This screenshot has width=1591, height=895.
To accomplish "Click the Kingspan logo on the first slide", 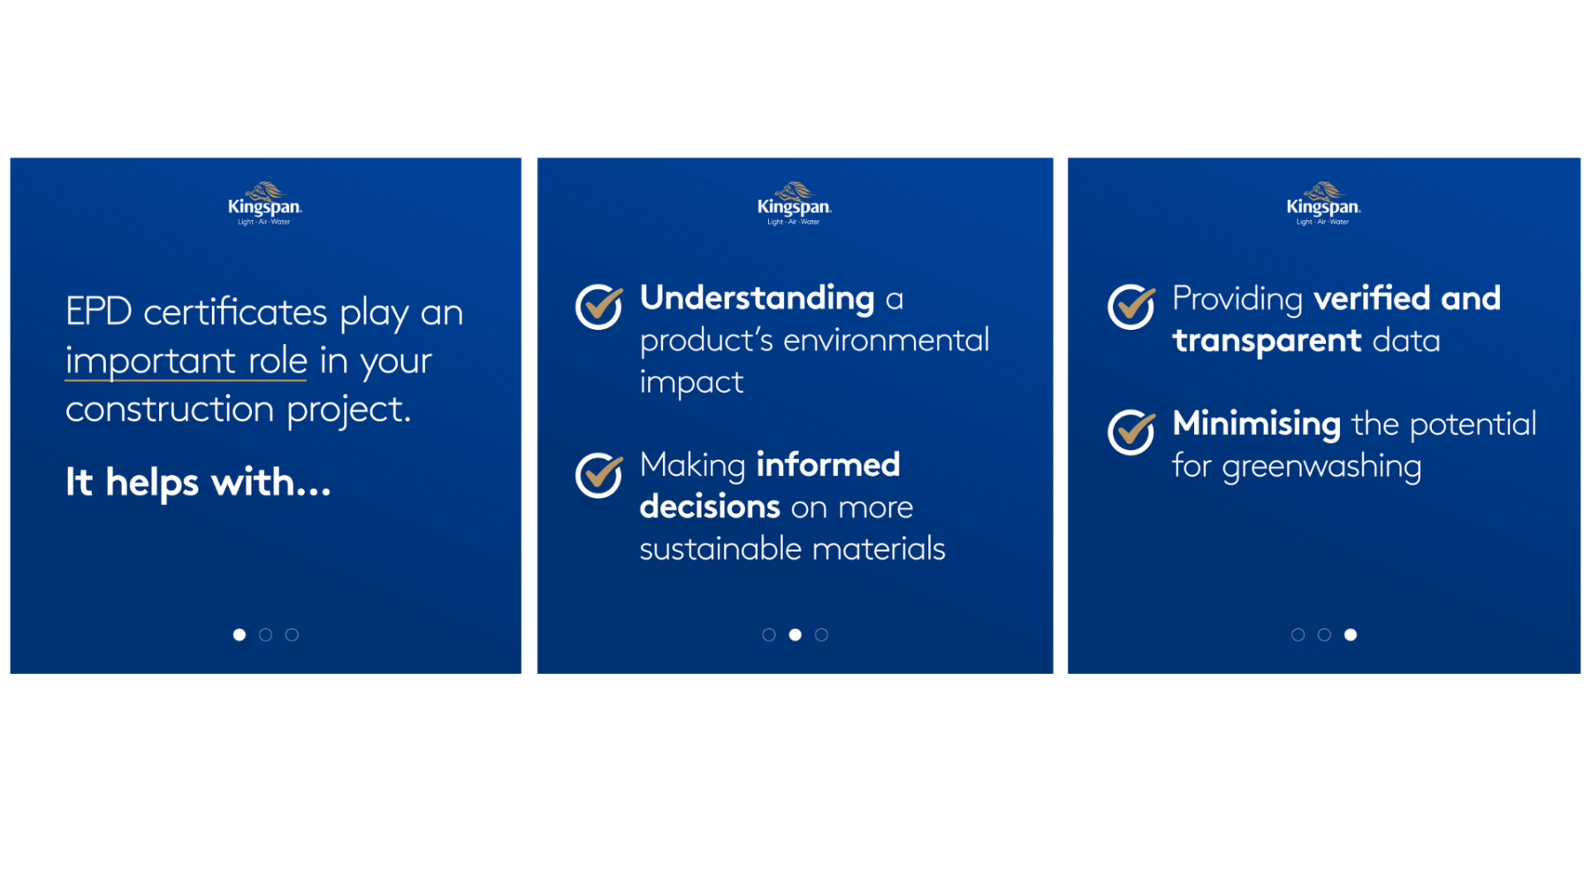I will pos(264,204).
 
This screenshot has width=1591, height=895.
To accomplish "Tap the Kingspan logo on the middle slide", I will pos(794,204).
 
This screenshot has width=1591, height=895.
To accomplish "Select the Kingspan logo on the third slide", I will pos(1323,204).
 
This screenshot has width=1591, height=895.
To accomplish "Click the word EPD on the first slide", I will pos(98,312).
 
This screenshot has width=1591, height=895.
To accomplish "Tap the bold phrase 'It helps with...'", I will pos(198,483).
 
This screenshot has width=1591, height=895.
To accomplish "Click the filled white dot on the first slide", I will pos(240,635).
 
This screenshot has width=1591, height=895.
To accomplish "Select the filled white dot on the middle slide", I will pos(795,635).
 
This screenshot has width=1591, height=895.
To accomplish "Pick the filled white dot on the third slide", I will pos(1351,635).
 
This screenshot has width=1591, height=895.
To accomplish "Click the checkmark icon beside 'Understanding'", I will pos(599,307).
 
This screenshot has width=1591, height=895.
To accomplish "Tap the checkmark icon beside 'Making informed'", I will pos(599,475).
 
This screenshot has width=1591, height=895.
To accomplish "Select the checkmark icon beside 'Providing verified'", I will pos(1131,307).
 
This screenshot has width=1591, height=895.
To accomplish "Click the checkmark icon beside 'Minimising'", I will pos(1131,432).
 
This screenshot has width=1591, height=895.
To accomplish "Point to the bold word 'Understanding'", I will pos(757,299).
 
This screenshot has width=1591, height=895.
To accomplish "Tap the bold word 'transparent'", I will pos(1267,341).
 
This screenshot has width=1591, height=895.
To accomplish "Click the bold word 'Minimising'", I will pos(1256,424).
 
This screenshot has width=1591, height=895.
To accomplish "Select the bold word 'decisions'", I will pos(710,507).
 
